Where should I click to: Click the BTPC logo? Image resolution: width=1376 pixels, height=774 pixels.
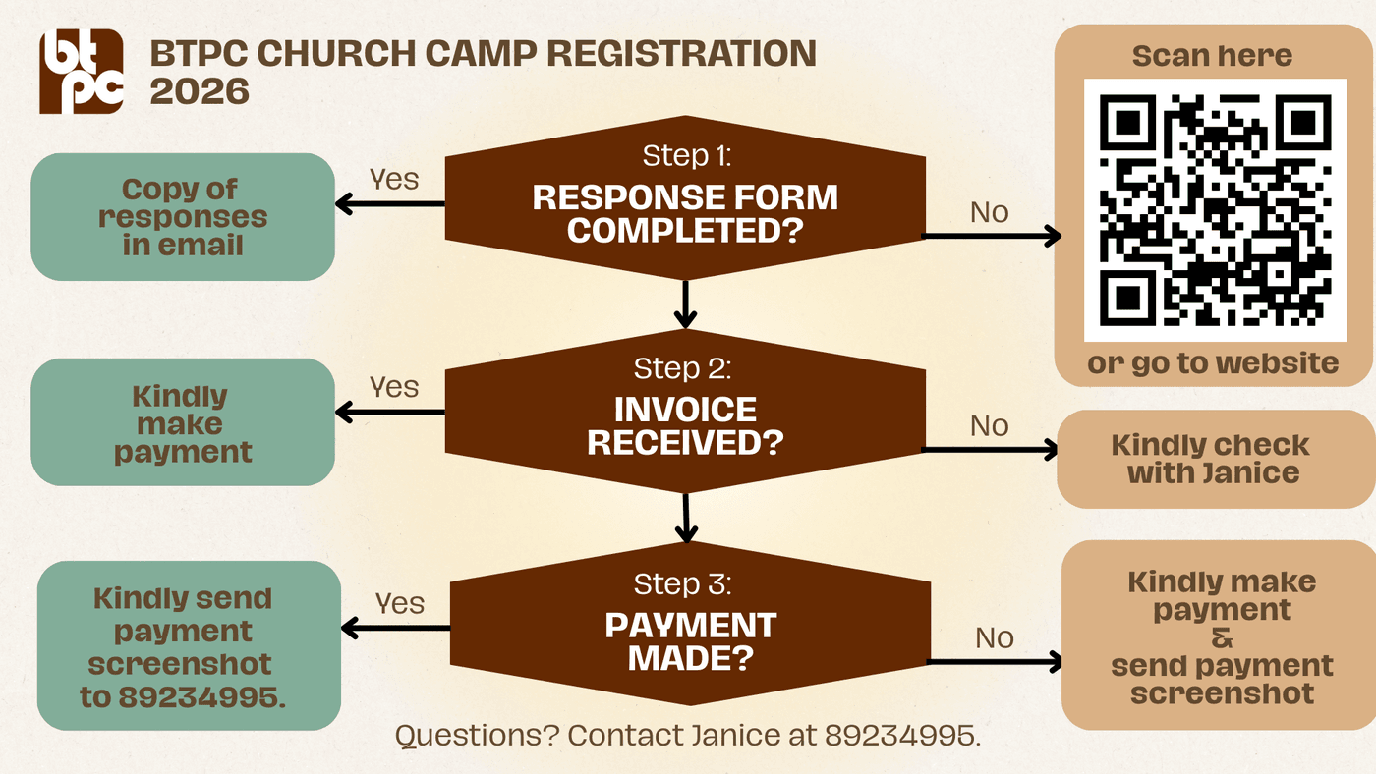click(82, 72)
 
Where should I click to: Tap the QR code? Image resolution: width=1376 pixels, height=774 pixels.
click(1215, 210)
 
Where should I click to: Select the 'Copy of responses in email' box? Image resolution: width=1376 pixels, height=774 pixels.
click(183, 217)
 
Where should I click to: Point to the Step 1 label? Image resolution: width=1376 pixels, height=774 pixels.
click(687, 156)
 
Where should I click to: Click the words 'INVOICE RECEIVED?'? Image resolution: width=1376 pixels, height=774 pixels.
click(686, 426)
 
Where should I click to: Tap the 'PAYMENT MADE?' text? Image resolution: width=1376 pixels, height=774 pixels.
click(690, 641)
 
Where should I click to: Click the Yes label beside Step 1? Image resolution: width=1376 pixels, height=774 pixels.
click(393, 180)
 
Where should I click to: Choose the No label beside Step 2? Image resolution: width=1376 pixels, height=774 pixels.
click(989, 425)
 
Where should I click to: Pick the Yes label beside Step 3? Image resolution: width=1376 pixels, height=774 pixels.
click(399, 603)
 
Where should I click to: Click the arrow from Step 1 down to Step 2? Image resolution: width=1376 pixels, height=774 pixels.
click(686, 304)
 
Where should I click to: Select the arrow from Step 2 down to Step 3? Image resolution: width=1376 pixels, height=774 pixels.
click(686, 518)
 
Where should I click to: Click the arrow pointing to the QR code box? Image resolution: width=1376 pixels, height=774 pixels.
click(993, 236)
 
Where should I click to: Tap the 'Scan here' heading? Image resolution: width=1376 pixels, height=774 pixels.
click(1212, 56)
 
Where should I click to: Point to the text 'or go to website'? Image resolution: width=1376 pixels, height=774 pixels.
click(1213, 363)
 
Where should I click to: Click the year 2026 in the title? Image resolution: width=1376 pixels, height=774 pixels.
click(200, 91)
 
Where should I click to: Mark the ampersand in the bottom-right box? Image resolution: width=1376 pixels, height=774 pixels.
click(1222, 638)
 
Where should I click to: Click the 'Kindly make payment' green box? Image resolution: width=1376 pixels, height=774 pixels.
click(183, 423)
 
